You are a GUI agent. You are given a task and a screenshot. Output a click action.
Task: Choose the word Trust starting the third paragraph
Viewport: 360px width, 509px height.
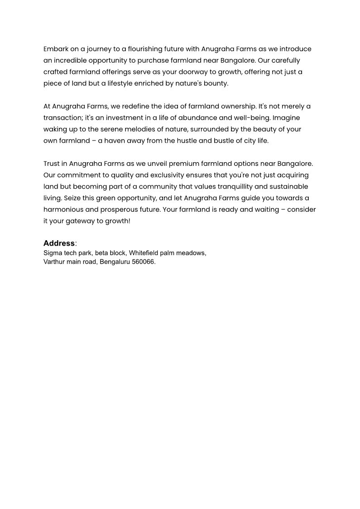click(x=52, y=164)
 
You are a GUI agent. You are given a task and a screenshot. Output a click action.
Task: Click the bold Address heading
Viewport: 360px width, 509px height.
click(x=59, y=243)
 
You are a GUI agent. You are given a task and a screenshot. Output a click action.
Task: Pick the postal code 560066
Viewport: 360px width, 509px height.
click(x=143, y=262)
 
